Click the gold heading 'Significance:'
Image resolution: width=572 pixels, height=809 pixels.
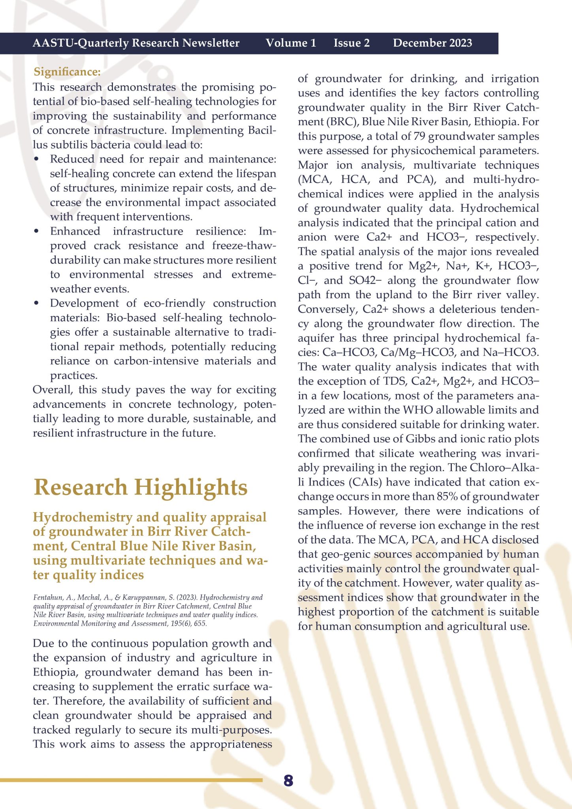(x=67, y=72)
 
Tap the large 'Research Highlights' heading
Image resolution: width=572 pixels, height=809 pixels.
(x=141, y=487)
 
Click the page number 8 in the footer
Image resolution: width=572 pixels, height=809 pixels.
(x=288, y=781)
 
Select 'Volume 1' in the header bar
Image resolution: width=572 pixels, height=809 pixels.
(x=291, y=43)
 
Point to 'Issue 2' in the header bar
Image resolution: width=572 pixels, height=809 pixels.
(x=352, y=43)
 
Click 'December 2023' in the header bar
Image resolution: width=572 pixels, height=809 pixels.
(x=433, y=43)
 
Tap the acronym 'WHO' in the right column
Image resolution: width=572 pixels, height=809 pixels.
(x=418, y=410)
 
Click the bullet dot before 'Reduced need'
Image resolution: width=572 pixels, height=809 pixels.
(x=37, y=159)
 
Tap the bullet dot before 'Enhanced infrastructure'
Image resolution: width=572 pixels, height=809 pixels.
(x=37, y=231)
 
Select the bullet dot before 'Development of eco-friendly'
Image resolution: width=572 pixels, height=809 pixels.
(x=37, y=303)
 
